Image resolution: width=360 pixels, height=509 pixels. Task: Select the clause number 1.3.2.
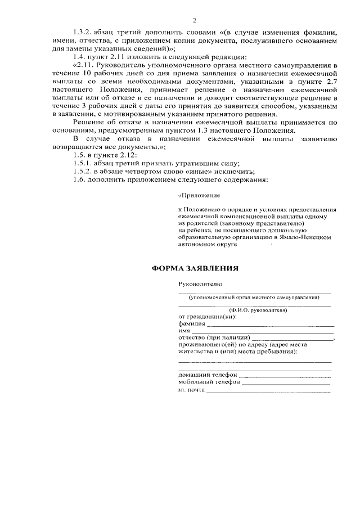pyautogui.click(x=85, y=31)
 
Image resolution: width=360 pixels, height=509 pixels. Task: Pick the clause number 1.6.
pyautogui.click(x=81, y=180)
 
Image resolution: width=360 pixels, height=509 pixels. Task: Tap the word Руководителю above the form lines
pyautogui.click(x=200, y=285)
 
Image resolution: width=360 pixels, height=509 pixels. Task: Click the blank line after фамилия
pyautogui.click(x=271, y=325)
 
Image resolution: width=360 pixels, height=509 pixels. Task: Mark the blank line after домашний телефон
pyautogui.click(x=285, y=375)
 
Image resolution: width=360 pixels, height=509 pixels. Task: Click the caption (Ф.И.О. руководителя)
pyautogui.click(x=258, y=310)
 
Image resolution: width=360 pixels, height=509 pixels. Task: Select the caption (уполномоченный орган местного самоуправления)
pyautogui.click(x=254, y=297)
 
